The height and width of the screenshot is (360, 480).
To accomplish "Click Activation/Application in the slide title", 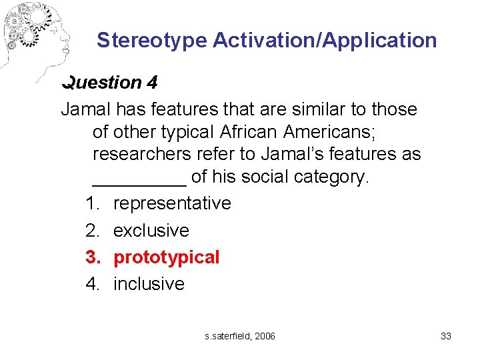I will pos(325,41).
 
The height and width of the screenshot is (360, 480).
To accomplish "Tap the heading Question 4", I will pos(110,83).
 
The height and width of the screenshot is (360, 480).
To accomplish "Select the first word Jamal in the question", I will pos(85,109).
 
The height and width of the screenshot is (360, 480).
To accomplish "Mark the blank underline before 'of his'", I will pos(139,178).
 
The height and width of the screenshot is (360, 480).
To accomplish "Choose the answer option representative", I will pos(172,203).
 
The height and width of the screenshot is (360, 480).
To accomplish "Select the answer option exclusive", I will pos(151,231).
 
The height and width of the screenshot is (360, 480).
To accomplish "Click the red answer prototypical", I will pos(166,257).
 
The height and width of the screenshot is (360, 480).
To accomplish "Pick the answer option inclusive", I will pos(149,284).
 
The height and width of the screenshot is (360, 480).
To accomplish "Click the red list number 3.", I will pos(93,257).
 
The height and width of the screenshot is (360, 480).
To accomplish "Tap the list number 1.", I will pos(93,203).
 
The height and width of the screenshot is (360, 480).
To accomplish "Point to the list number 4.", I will pos(93,284).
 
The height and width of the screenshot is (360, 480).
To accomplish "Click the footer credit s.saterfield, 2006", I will pos(240,336).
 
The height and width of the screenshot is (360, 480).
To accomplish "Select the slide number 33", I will pos(446,336).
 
